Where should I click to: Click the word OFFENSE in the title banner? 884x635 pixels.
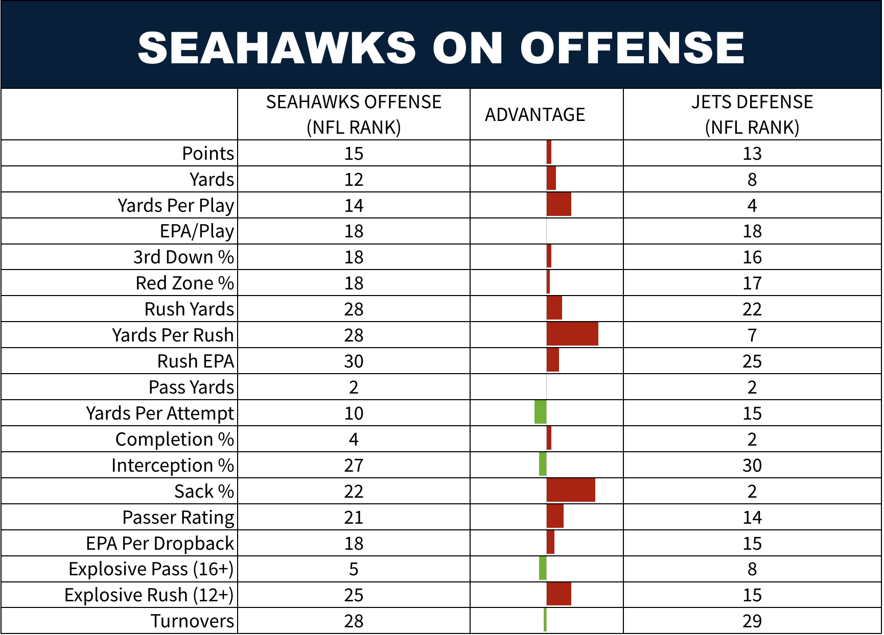click(x=632, y=47)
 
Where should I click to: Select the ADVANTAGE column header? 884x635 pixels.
click(x=535, y=114)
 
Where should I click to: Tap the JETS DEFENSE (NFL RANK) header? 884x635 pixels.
click(x=752, y=114)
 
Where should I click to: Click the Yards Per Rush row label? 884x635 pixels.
click(x=173, y=335)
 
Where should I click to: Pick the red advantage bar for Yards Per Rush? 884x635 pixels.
click(x=572, y=334)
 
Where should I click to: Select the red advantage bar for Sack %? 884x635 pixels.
click(x=571, y=490)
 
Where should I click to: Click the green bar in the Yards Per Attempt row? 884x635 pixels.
click(x=541, y=412)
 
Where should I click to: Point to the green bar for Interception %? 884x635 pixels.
click(x=543, y=464)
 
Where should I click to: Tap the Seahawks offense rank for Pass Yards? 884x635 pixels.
click(x=354, y=387)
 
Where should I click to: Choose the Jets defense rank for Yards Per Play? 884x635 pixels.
click(x=752, y=205)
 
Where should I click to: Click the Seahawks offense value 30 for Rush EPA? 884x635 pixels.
click(x=354, y=361)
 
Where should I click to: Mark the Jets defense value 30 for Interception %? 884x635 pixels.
click(x=752, y=465)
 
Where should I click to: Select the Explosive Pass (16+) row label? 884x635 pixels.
click(x=151, y=569)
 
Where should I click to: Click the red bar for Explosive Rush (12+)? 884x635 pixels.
click(x=559, y=594)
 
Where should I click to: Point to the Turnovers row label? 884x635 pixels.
click(x=192, y=621)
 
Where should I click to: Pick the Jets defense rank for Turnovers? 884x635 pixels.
click(x=752, y=621)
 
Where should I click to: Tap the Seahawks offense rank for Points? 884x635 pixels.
click(x=354, y=153)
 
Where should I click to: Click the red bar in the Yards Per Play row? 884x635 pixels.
click(x=559, y=204)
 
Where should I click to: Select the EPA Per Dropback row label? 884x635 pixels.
click(x=160, y=543)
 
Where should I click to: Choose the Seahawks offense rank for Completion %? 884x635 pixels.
click(x=354, y=439)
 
